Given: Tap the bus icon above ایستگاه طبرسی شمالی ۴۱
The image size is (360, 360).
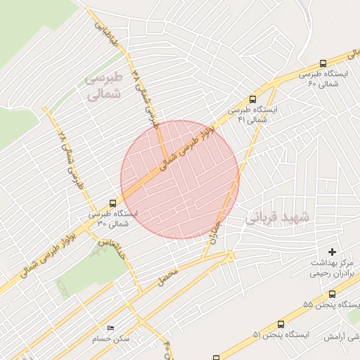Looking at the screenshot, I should tap(252, 100).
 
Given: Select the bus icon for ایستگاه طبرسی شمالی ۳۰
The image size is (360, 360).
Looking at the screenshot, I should tap(113, 202).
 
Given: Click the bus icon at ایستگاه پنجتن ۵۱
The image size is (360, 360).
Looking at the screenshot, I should tap(281, 325).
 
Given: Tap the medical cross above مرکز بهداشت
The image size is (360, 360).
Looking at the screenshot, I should tap(332, 251).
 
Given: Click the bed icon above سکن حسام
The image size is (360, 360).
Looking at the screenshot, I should tap(110, 328).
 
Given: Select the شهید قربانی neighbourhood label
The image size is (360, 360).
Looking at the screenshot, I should tap(277, 217).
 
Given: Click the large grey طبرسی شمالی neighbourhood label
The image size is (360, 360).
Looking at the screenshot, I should tap(103, 85).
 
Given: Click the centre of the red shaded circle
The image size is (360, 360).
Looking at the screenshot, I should tap(179, 180).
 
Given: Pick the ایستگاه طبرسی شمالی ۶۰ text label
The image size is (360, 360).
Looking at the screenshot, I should tap(323, 78).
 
